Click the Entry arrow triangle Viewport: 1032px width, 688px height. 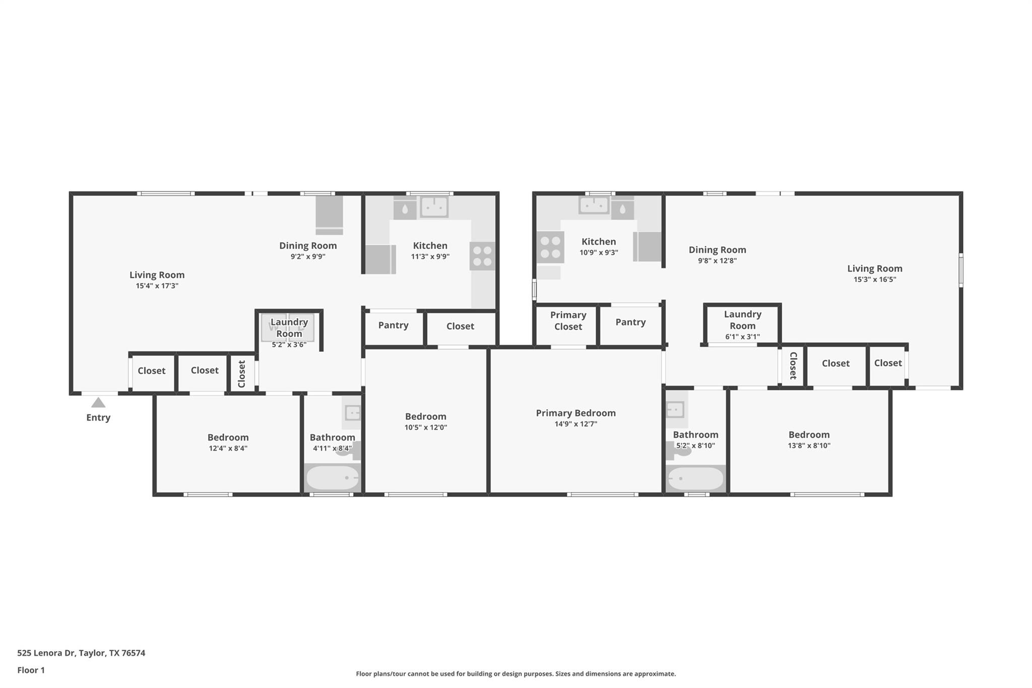[98, 403]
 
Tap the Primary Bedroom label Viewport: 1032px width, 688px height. [575, 413]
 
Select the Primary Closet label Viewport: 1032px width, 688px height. [568, 321]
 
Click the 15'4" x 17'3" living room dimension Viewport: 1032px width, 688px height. [157, 286]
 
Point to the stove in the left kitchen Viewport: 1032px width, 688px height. [482, 256]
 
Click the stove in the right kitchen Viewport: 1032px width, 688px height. [550, 247]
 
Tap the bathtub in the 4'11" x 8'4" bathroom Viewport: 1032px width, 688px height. [333, 478]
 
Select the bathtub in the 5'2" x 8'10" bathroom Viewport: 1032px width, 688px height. [695, 479]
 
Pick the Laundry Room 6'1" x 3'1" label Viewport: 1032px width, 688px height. [742, 320]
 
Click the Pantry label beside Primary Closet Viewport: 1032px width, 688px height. [630, 322]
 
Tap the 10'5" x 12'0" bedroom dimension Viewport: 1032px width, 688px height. [425, 427]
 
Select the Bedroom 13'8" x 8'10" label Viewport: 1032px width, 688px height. [809, 434]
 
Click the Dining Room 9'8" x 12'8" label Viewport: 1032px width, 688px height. [717, 250]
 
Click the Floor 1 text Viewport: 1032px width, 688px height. [31, 670]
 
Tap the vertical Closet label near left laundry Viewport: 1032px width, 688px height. [241, 373]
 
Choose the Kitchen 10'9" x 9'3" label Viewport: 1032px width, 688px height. [598, 242]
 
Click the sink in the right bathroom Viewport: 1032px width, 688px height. [675, 409]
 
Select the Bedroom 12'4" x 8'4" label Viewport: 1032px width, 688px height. [228, 437]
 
